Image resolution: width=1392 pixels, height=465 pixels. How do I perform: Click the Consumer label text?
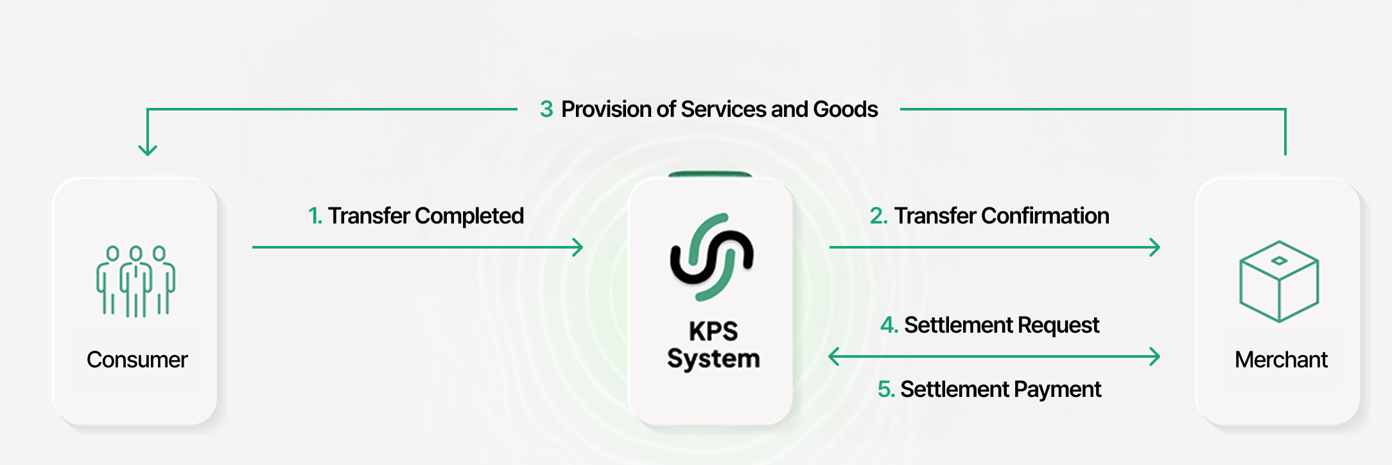pyautogui.click(x=137, y=360)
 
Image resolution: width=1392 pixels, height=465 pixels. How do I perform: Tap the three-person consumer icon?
pyautogui.click(x=135, y=281)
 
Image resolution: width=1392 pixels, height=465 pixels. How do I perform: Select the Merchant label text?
pyautogui.click(x=1281, y=360)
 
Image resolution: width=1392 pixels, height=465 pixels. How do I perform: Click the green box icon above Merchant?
pyautogui.click(x=1279, y=281)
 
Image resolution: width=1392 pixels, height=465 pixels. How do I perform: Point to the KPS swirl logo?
pyautogui.click(x=711, y=257)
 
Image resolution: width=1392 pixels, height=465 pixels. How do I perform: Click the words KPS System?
pyautogui.click(x=713, y=345)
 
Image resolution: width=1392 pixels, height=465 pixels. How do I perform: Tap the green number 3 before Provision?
pyautogui.click(x=546, y=109)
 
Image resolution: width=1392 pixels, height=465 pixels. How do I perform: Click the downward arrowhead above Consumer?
pyautogui.click(x=148, y=150)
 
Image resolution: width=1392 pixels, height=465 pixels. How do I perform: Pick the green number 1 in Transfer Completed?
pyautogui.click(x=314, y=216)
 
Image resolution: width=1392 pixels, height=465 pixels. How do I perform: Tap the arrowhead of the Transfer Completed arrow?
pyautogui.click(x=578, y=247)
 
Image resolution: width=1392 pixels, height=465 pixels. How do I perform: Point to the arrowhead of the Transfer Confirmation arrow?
pyautogui.click(x=1155, y=247)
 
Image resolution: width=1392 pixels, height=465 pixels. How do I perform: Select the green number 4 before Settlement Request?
pyautogui.click(x=889, y=326)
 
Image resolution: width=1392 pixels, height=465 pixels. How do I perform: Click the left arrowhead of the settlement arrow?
pyautogui.click(x=833, y=356)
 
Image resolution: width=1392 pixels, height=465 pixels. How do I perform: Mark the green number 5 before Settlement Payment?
pyautogui.click(x=885, y=390)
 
